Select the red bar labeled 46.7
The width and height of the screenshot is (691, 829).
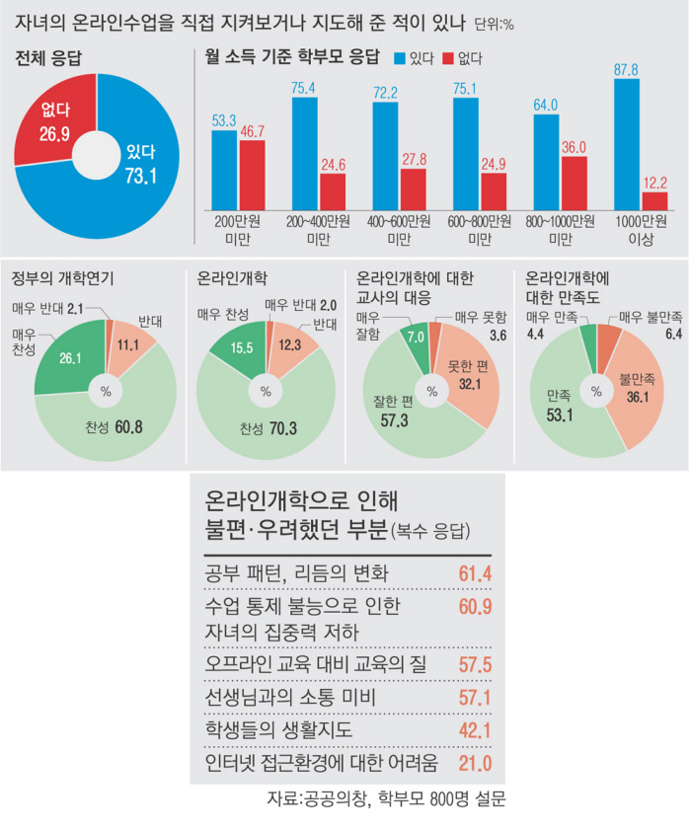coord(253,175)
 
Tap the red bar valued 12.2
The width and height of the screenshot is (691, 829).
coord(655,200)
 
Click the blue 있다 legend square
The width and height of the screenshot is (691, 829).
coord(400,58)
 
